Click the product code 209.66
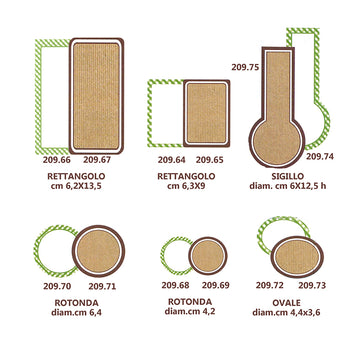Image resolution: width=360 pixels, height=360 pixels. point(57,160)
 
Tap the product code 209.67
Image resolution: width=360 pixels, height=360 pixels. point(97,160)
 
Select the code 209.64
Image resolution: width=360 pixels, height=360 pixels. point(172,160)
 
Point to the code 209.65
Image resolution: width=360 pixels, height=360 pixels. point(210,160)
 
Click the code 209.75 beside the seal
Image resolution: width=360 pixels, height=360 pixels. point(245,67)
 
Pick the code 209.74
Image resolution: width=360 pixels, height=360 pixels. point(320,156)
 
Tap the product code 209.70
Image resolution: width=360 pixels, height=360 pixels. point(57,286)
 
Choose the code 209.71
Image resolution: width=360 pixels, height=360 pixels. point(102,286)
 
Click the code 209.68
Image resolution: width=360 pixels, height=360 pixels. point(175,285)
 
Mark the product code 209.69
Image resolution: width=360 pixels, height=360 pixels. point(216,285)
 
